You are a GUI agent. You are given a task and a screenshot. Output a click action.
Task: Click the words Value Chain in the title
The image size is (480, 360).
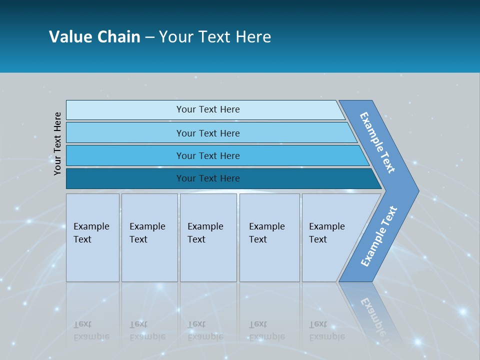pyautogui.click(x=94, y=37)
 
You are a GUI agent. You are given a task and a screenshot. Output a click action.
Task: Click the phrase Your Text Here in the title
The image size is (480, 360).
pyautogui.click(x=215, y=37)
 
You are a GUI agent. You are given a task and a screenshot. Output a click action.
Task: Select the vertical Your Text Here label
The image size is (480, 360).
pyautogui.click(x=58, y=144)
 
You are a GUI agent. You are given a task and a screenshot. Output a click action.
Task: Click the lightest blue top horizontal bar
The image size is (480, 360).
pyautogui.click(x=207, y=109)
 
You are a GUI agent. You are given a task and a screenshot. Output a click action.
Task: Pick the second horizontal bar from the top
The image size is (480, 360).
pyautogui.click(x=207, y=133)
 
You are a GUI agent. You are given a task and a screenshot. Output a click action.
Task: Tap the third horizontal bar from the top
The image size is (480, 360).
pyautogui.click(x=207, y=155)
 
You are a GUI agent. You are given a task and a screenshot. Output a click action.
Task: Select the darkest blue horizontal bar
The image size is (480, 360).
pyautogui.click(x=207, y=178)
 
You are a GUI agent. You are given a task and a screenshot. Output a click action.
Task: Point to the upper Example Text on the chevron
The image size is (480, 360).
pyautogui.click(x=377, y=142)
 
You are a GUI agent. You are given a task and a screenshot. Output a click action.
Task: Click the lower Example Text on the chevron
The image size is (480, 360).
pyautogui.click(x=379, y=236)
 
